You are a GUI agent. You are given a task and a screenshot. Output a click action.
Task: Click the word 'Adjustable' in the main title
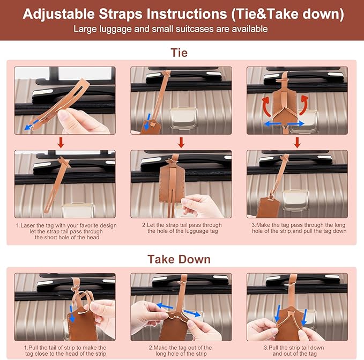click(x=59, y=14)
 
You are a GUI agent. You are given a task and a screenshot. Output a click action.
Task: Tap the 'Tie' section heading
click(x=179, y=53)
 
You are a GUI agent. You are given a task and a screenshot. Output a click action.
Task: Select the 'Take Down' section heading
click(x=179, y=259)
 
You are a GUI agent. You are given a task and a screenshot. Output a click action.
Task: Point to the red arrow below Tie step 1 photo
click(x=61, y=142)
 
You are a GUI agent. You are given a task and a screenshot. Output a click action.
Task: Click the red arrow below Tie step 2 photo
click(x=181, y=142)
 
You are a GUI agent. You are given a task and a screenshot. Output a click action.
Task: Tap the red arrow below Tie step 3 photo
click(x=297, y=142)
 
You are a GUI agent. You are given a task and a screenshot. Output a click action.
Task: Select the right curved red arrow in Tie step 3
click(x=304, y=105)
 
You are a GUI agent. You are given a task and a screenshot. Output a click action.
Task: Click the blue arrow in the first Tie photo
click(x=31, y=124)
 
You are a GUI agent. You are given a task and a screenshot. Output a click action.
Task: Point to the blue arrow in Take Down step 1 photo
click(x=72, y=314)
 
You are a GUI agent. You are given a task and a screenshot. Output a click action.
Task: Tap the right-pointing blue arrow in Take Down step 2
click(x=192, y=313)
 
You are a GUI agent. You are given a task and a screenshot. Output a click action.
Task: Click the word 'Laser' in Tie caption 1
click(x=28, y=225)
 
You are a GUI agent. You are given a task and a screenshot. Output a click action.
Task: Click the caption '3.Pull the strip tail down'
click(x=294, y=348)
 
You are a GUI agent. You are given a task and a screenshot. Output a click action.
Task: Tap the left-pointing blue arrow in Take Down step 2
click(x=165, y=306)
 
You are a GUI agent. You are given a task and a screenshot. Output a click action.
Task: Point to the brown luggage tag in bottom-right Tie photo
click(x=269, y=207)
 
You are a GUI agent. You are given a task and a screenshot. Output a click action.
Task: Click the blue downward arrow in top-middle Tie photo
click(x=147, y=121)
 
